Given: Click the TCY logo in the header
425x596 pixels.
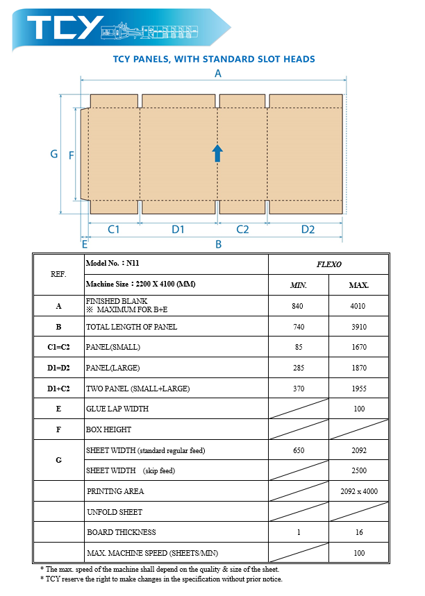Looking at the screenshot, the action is point(65,27).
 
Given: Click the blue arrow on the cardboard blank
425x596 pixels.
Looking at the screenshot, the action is point(217,153).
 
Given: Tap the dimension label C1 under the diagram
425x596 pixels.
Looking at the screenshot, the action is point(114,229).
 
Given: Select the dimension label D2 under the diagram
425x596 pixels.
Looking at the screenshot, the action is point(308,229).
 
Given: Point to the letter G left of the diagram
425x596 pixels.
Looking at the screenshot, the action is point(53,154).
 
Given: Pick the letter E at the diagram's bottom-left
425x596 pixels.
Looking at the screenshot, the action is point(84,244).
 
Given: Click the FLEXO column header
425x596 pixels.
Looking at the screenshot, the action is point(328,264).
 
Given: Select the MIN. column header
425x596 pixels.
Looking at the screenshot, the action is point(299,285).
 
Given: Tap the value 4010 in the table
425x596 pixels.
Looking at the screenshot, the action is point(358,306).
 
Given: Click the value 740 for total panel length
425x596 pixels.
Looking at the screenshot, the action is point(299,327).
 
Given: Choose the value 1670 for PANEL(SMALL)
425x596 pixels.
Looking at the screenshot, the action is point(358,347).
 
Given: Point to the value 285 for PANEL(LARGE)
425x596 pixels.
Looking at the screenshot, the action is point(299,368).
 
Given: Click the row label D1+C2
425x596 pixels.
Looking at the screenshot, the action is point(58,389).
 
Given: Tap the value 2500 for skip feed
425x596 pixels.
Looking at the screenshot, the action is point(358,470).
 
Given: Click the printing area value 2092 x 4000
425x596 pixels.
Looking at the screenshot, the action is point(358,491).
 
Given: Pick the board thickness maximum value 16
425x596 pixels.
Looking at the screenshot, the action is point(358,532).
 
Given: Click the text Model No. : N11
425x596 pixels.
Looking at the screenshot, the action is point(108,264).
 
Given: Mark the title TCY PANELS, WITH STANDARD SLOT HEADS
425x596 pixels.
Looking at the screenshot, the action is point(213,60).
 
